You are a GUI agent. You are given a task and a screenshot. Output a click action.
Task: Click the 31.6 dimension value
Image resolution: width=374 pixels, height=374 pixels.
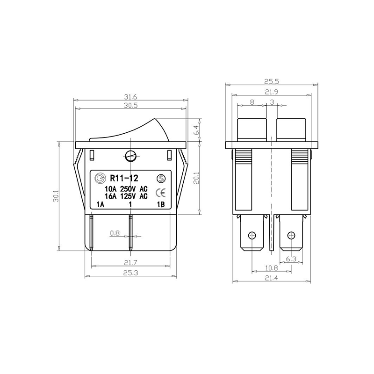(130, 97)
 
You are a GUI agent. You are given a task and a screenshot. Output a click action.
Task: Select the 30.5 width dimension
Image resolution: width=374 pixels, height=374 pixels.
(130, 106)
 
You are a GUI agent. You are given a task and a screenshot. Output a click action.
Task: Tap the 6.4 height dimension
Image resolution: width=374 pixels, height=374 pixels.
(195, 130)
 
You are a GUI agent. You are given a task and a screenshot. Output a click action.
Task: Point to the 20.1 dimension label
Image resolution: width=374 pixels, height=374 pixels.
(196, 178)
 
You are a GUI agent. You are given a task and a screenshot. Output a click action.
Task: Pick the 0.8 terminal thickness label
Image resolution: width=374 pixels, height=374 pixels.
(115, 233)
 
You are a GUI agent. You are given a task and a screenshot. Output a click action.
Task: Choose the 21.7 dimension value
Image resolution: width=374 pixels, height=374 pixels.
(131, 263)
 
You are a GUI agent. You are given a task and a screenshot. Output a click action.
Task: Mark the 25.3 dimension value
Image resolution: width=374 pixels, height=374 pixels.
(131, 273)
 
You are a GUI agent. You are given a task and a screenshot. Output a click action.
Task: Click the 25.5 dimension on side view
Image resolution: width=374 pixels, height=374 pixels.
(272, 81)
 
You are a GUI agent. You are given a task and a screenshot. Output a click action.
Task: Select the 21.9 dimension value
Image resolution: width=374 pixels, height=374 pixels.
(272, 92)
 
